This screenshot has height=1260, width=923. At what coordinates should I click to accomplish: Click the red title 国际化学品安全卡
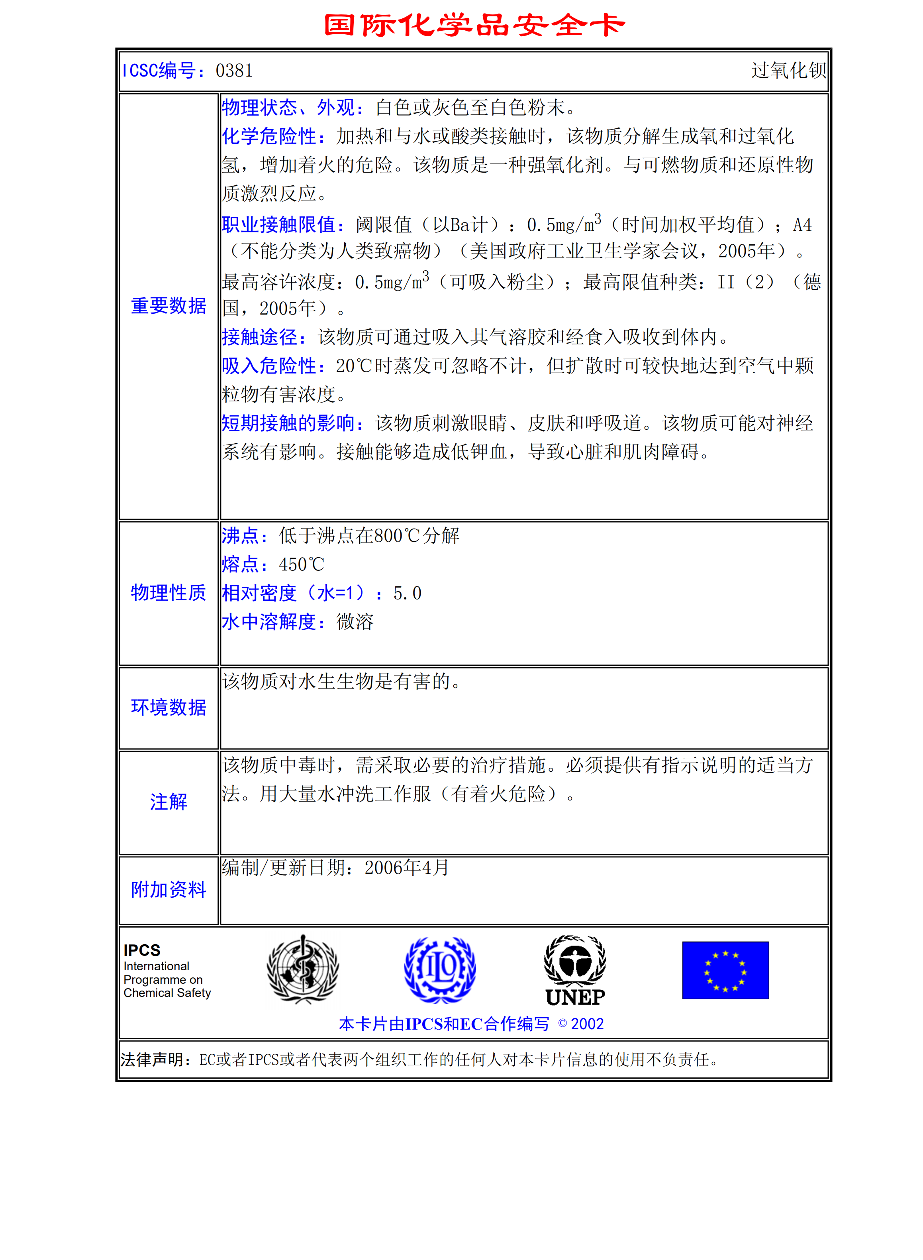click(x=474, y=26)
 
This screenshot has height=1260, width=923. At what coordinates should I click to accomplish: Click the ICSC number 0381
click(x=234, y=71)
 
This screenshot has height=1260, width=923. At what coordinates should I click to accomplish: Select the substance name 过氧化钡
click(x=788, y=71)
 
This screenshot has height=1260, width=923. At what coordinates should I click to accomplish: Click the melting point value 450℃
click(x=301, y=564)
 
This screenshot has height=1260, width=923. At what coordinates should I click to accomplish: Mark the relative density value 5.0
click(x=407, y=593)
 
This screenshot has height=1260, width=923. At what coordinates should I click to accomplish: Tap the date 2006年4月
click(x=407, y=868)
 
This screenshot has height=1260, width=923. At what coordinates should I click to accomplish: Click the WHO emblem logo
click(x=303, y=970)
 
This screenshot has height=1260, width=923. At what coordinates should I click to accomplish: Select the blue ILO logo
click(x=440, y=970)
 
